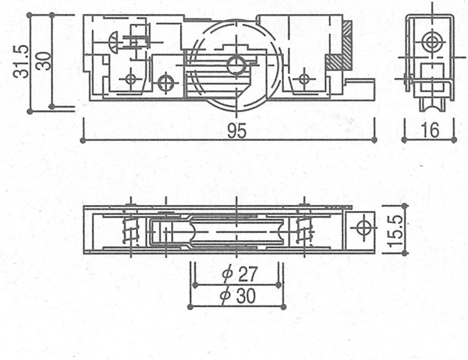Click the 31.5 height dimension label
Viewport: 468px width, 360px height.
click(x=21, y=62)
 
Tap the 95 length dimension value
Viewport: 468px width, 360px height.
click(x=236, y=131)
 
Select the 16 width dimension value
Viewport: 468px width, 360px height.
click(x=430, y=130)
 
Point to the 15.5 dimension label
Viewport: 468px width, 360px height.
click(x=395, y=230)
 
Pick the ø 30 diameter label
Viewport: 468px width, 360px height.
click(x=238, y=295)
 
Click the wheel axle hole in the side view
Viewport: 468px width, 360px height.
click(x=236, y=65)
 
